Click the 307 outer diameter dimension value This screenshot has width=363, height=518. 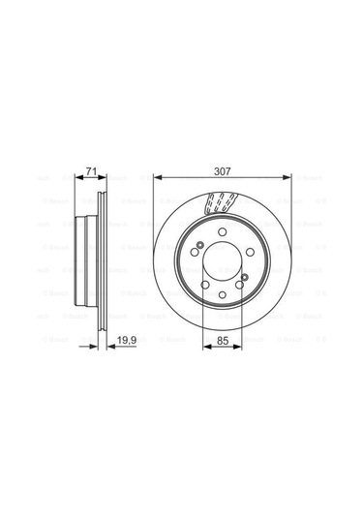[223, 170]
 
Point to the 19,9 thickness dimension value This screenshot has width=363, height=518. [124, 339]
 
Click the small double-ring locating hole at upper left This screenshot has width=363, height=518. [198, 244]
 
